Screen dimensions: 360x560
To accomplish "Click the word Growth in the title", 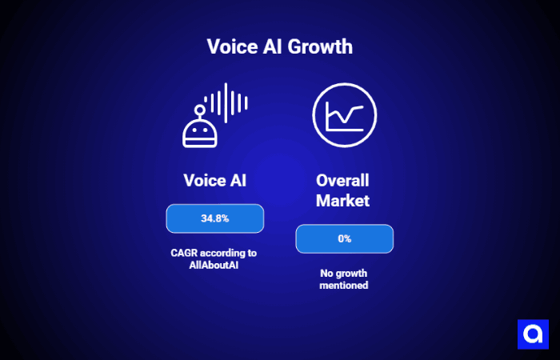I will tap(318, 46).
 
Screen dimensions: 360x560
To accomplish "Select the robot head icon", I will tap(200, 131).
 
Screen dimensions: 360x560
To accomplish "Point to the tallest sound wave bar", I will tap(226, 102).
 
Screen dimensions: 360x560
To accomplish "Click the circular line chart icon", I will tap(344, 116).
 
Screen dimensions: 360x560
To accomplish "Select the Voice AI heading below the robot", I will tap(214, 181).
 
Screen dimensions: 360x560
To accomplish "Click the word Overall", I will tap(343, 181).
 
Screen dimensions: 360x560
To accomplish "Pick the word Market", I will tap(343, 201).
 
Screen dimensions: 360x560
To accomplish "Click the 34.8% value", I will tap(214, 218).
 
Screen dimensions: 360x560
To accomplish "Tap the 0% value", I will tap(344, 238).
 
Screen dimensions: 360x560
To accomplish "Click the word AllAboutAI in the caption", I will tap(214, 265).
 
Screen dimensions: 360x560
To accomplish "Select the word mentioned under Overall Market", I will tap(343, 285).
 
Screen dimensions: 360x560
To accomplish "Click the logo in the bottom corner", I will tap(533, 333).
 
